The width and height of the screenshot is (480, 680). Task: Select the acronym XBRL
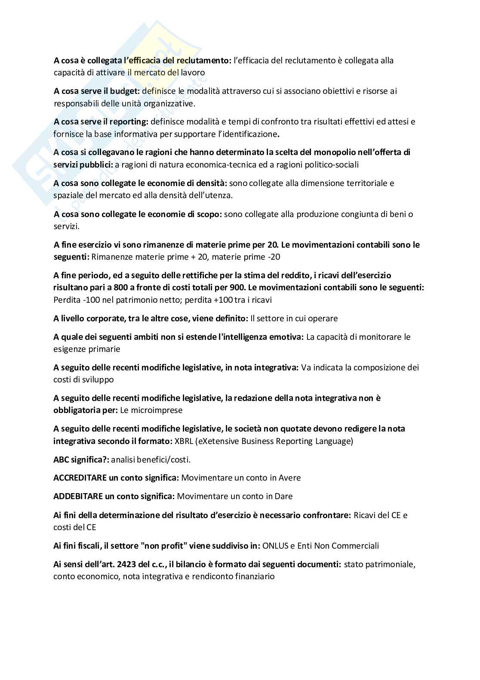(183, 441)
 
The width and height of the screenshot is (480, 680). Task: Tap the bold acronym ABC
(61, 460)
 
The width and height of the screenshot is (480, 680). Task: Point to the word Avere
(290, 478)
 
